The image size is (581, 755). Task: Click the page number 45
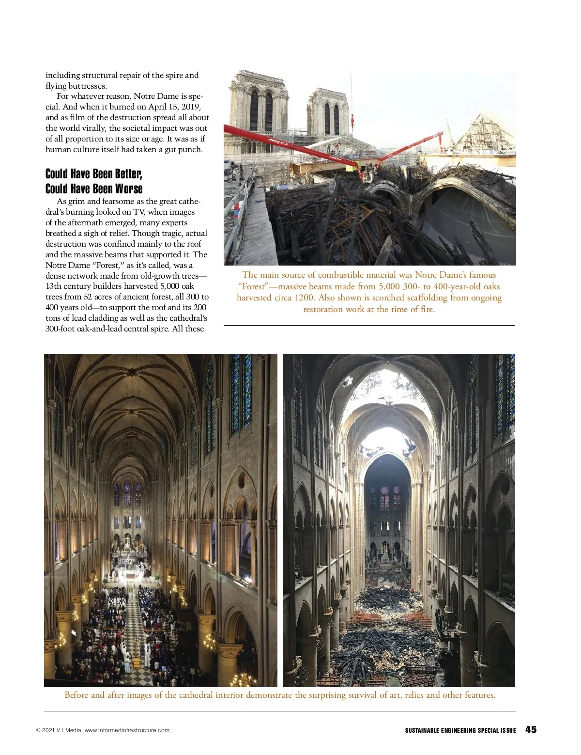[531, 729]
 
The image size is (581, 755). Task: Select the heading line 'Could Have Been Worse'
[94, 189]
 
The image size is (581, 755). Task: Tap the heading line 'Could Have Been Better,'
[94, 174]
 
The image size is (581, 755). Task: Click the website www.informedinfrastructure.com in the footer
[127, 730]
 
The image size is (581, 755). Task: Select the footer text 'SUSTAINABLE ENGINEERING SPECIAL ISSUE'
[460, 730]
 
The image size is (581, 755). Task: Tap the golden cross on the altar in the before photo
[127, 540]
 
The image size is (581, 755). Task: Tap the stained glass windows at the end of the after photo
[384, 497]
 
